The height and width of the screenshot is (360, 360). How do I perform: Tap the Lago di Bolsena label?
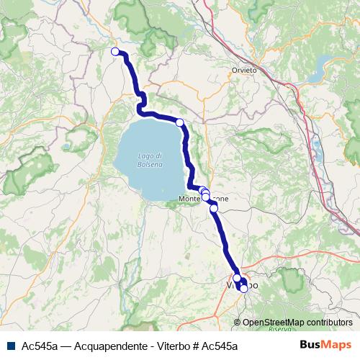151,161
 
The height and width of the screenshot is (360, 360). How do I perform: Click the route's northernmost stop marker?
115,51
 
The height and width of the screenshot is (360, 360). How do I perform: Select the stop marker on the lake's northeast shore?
179,122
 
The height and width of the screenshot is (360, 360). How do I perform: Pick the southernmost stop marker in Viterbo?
244,289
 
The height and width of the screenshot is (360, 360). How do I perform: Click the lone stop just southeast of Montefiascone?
213,208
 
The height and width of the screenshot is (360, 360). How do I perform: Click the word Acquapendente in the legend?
89,346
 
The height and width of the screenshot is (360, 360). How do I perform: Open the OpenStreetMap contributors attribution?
297,322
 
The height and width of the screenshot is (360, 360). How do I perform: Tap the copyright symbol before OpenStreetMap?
238,322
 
